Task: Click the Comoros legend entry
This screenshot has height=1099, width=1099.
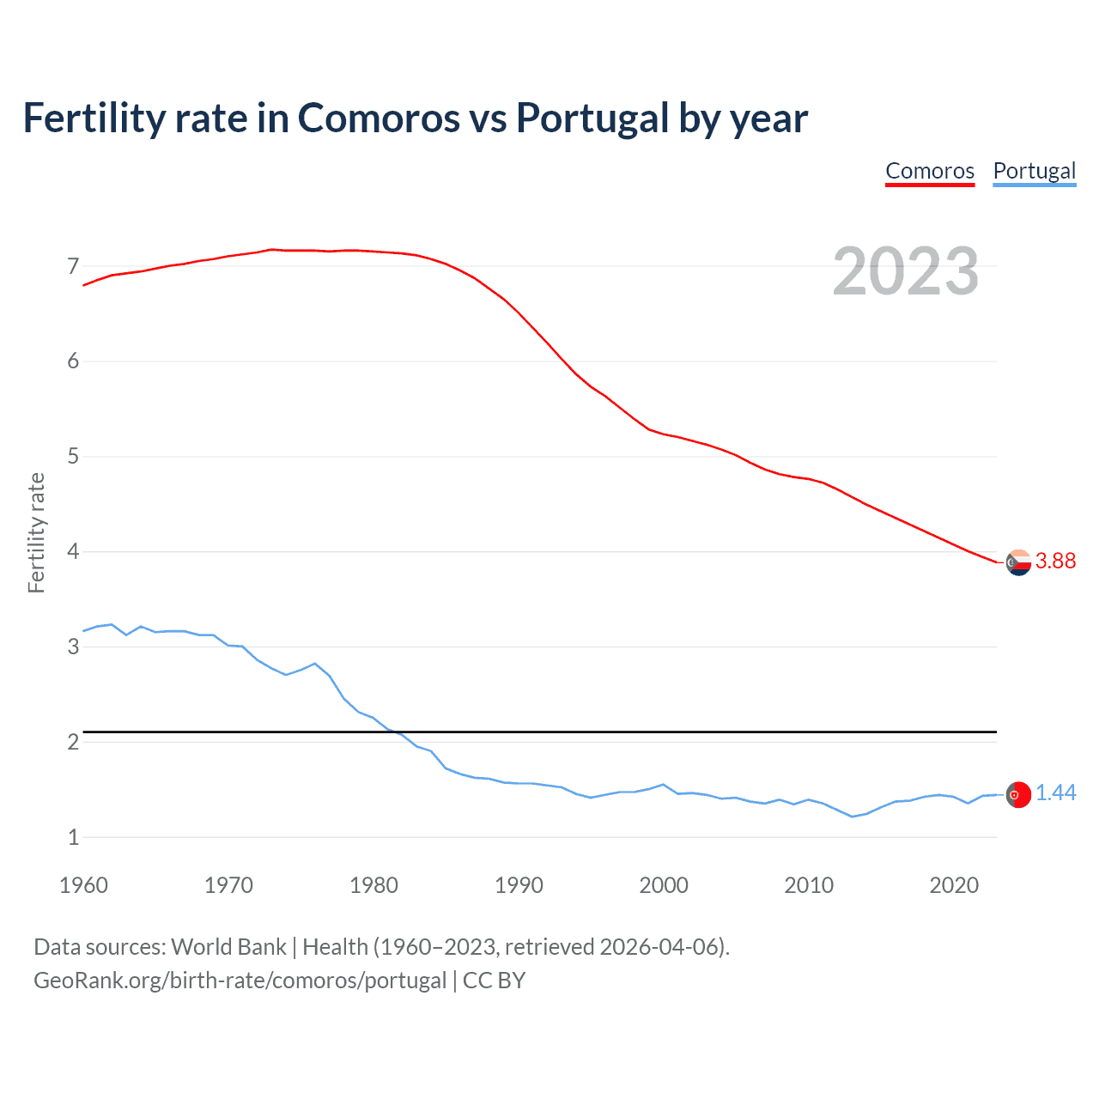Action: (x=930, y=171)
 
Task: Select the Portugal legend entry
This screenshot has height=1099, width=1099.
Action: (x=1034, y=171)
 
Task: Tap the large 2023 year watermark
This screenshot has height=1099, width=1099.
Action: (x=905, y=271)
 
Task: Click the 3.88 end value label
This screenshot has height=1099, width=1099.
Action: (x=1055, y=561)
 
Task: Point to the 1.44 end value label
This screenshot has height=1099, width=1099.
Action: (x=1055, y=793)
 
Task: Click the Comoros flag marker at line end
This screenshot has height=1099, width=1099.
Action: (x=1018, y=563)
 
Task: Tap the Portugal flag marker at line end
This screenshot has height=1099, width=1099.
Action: (x=1018, y=795)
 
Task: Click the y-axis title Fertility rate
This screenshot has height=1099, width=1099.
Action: (x=36, y=532)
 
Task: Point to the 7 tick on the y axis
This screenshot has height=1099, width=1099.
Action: (x=73, y=266)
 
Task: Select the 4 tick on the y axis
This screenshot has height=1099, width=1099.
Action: (x=73, y=551)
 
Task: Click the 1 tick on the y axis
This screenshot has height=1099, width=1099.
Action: (x=73, y=837)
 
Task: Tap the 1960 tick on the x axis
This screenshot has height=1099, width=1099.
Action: (x=83, y=885)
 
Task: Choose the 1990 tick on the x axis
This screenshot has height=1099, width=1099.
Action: (x=519, y=885)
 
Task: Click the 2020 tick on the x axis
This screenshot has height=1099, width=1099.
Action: (x=954, y=885)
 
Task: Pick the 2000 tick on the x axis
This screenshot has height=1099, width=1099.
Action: (x=664, y=885)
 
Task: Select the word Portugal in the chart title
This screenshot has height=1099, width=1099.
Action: (x=592, y=118)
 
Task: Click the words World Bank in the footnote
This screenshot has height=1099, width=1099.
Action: (x=228, y=947)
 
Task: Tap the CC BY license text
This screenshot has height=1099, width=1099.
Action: (x=494, y=981)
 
